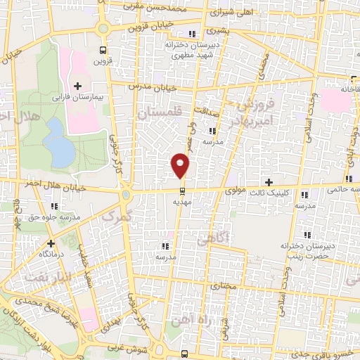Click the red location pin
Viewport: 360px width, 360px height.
point(181,166)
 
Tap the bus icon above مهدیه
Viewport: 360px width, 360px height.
point(182,191)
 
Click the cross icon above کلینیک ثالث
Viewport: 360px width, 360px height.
point(269,181)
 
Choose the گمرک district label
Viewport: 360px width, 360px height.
point(117,216)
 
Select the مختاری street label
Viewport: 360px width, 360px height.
point(222,287)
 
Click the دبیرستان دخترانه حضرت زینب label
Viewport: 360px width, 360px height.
point(306,250)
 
